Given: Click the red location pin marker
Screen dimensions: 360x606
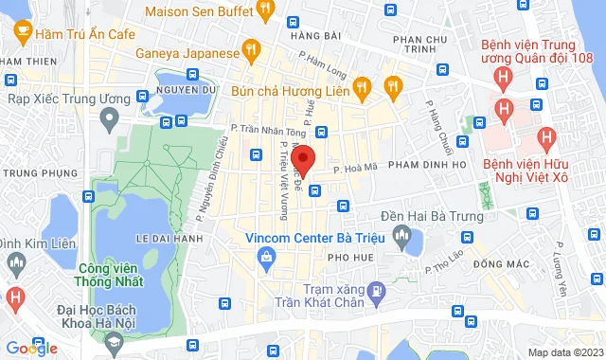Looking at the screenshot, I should coord(302,159).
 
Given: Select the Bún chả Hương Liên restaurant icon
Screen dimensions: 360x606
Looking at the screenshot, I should coord(361,89).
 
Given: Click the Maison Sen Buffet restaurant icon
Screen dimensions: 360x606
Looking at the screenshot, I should coord(266,10).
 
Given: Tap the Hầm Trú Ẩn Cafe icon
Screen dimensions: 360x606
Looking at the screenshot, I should coord(18,33).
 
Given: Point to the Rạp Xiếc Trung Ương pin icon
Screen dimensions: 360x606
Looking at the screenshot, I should coord(110,118).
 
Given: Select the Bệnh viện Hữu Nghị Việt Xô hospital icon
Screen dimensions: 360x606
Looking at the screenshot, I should coord(545,138).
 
